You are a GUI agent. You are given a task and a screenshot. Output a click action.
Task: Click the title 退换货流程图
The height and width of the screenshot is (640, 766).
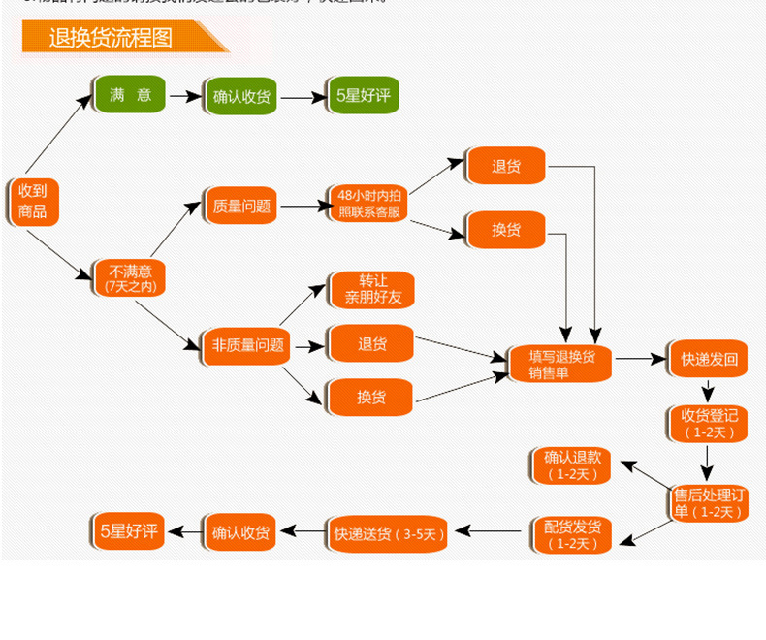tap(111, 38)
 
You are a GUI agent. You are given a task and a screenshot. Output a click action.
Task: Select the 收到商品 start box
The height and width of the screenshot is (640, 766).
tap(32, 202)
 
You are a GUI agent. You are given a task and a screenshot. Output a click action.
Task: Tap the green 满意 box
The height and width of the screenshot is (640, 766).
tap(130, 95)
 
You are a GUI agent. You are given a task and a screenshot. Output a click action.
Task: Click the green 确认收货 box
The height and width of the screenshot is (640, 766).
tap(241, 97)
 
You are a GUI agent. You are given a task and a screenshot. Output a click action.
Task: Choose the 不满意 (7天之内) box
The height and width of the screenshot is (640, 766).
tap(130, 277)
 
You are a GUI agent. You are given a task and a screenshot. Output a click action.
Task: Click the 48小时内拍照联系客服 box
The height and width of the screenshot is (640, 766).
tap(368, 205)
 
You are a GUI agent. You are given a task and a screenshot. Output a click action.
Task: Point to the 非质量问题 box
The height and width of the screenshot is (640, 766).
tap(247, 344)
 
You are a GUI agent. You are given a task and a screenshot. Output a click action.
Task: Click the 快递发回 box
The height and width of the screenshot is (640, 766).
tap(709, 360)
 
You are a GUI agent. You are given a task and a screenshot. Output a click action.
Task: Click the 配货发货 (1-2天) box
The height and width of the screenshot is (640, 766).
tap(572, 534)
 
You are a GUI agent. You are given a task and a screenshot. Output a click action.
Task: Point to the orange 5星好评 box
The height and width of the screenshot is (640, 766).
tap(128, 531)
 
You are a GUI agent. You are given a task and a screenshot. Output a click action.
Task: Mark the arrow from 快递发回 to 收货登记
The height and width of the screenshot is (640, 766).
tap(710, 391)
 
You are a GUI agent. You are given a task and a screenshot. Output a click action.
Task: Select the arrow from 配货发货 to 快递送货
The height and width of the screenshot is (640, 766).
tap(491, 531)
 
